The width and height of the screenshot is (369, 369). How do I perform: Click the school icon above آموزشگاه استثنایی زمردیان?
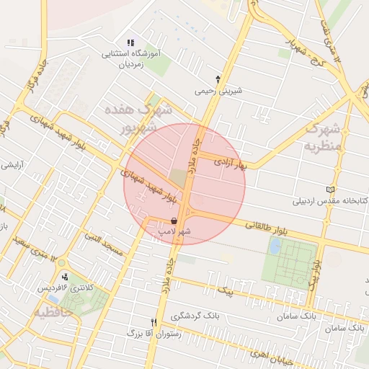click(130, 43)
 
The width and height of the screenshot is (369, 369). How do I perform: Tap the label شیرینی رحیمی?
click(215, 92)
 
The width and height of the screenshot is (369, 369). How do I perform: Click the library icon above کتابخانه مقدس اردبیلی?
click(331, 190)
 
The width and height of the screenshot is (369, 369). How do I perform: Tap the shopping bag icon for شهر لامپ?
click(173, 221)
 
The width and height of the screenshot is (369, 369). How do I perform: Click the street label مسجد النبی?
click(104, 242)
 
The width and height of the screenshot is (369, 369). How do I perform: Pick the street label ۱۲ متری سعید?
click(34, 242)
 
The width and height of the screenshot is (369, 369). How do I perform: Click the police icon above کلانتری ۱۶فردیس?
click(66, 277)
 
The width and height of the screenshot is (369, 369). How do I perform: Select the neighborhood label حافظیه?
click(51, 313)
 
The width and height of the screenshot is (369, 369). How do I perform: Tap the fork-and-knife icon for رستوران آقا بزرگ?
click(153, 322)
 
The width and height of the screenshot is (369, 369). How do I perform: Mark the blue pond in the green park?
click(275, 246)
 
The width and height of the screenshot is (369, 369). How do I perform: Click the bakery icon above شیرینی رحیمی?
click(218, 79)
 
